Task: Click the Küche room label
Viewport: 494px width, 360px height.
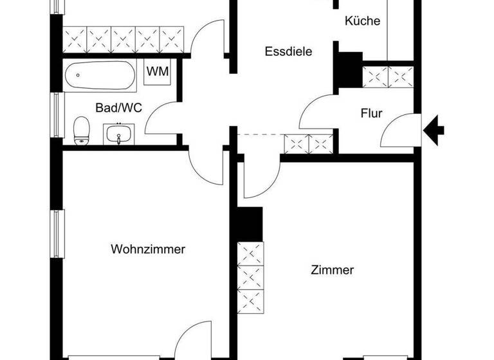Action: tap(363, 21)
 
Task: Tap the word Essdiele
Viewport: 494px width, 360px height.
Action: tap(288, 52)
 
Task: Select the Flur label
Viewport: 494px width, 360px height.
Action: tap(371, 114)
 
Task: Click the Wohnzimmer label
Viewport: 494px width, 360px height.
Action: tap(148, 249)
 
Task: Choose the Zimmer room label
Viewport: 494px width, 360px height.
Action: tap(332, 270)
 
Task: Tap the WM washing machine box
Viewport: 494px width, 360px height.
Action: tap(158, 72)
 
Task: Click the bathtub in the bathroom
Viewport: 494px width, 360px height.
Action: tap(100, 77)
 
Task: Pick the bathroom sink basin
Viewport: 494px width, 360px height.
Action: tap(118, 135)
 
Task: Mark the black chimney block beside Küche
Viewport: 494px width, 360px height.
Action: tap(348, 69)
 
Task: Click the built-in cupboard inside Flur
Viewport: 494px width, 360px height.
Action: tap(387, 76)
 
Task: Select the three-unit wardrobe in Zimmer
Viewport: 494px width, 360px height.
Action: tap(250, 276)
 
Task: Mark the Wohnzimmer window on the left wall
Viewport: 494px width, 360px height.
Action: tap(58, 233)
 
